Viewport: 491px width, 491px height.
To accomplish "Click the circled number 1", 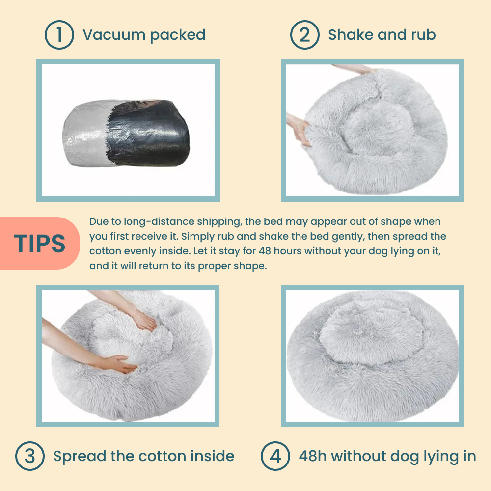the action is click(59, 35).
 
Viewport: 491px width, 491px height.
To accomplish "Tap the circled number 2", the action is click(305, 35).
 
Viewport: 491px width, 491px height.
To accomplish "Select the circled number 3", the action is click(30, 456).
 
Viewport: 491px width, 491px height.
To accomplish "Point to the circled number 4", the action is click(275, 456).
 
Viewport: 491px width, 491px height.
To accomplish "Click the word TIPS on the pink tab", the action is click(39, 244).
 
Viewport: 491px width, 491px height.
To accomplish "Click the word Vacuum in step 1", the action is click(114, 35).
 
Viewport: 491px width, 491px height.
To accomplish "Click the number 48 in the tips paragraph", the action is click(265, 251).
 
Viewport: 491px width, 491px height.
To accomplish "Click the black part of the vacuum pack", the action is click(148, 133).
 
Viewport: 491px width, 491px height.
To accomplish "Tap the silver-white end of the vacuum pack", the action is click(85, 134).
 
